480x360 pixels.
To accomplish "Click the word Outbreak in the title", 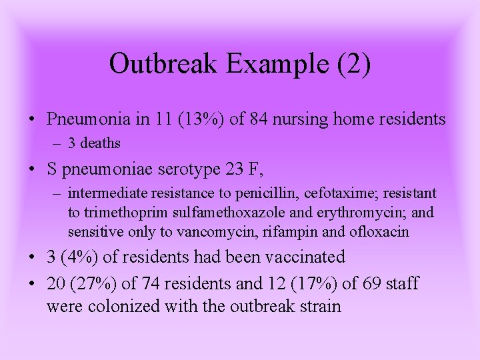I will point(164,64).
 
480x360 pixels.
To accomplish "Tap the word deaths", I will point(100,143).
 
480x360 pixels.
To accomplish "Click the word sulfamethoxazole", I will point(212,213).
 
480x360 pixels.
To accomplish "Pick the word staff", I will point(400,283).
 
